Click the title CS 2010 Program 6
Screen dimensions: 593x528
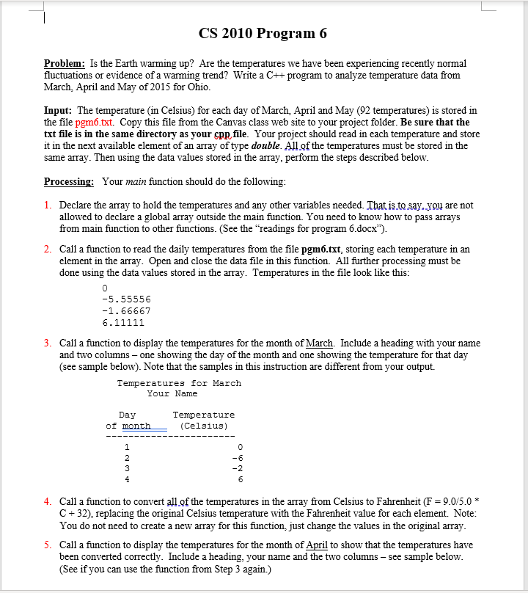[x=263, y=34]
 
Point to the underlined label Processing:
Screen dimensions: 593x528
[x=68, y=181]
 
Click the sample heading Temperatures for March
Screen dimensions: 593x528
[x=179, y=383]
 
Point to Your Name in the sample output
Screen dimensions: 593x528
[x=178, y=393]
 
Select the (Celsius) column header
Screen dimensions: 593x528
[x=203, y=426]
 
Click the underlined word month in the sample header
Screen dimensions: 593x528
[x=136, y=426]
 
